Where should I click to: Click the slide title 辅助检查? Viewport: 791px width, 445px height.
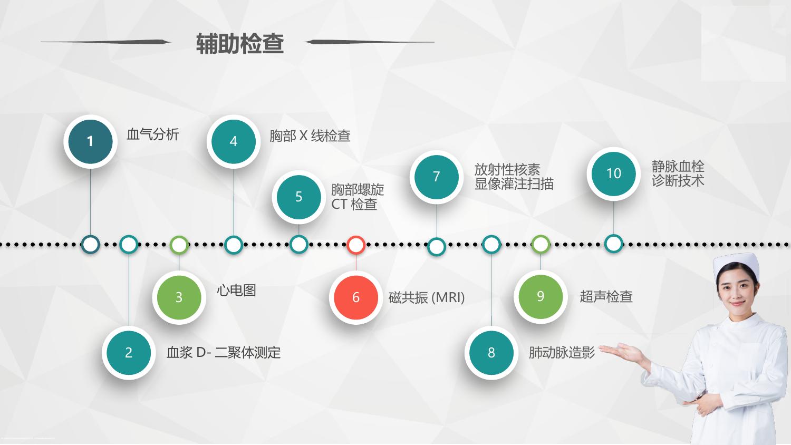pos(240,43)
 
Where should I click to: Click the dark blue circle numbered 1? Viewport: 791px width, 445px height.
pos(90,141)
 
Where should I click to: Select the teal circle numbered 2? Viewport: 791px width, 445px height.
pos(129,353)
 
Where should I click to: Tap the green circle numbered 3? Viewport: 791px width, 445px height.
pos(179,297)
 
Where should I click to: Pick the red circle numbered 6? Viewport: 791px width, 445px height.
pos(356,297)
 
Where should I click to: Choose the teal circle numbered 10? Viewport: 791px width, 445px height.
pos(614,173)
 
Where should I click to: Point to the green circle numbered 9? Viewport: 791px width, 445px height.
pos(541,296)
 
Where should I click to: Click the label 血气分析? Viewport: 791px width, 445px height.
pos(153,134)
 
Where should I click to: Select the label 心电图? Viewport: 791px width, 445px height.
pos(236,291)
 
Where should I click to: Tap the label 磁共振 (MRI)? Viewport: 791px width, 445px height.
pos(427,297)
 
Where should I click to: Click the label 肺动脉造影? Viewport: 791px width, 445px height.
pos(562,353)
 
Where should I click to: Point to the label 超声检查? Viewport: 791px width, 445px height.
pos(606,296)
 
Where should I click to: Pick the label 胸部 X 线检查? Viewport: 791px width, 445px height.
pos(310,136)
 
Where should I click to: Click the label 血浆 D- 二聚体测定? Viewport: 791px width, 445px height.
pos(224,353)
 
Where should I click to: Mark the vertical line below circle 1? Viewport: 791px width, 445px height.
pos(90,201)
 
